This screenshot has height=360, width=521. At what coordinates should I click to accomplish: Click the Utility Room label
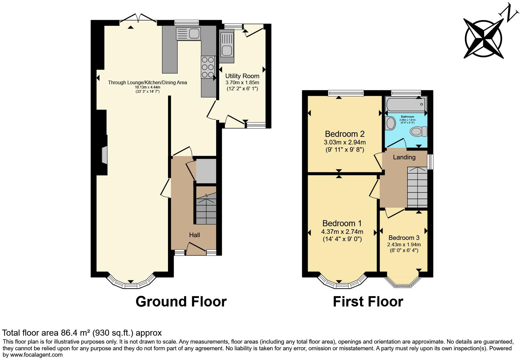(x=242, y=76)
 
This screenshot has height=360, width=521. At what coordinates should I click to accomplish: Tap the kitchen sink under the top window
(x=188, y=33)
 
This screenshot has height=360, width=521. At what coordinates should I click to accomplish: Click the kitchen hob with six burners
(x=207, y=67)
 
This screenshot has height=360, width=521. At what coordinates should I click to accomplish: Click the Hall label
(x=194, y=235)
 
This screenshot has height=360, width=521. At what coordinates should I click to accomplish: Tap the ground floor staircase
(x=206, y=210)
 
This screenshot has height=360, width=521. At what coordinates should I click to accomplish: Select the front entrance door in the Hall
(x=196, y=247)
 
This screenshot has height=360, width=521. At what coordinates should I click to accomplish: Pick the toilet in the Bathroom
(x=418, y=132)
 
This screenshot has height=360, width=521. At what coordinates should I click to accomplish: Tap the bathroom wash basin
(x=390, y=123)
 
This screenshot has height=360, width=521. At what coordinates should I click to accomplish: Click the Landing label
(x=404, y=157)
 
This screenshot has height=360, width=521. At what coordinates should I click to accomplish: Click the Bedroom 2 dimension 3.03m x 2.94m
(x=345, y=142)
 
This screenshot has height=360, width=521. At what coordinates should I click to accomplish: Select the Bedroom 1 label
(x=342, y=223)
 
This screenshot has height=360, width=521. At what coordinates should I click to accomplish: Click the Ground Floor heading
(x=181, y=302)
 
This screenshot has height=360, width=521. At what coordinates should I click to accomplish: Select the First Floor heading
(x=368, y=302)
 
